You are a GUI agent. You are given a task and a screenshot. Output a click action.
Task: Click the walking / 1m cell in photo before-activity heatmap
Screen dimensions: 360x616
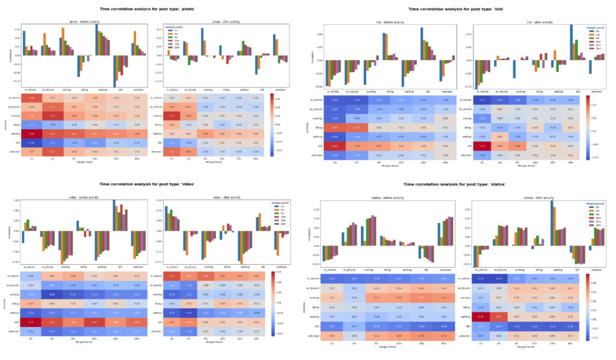point(31,133)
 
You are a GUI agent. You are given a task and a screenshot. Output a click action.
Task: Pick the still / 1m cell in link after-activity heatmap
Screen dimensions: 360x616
point(482,146)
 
